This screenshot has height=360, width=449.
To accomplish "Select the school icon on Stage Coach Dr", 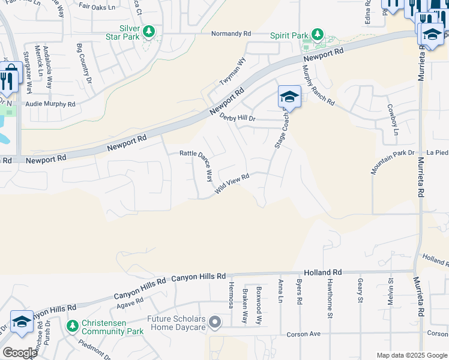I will tap(289, 97).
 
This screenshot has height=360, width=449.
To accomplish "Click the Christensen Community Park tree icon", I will tap(73, 326).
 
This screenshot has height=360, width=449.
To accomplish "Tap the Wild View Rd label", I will tap(232, 183).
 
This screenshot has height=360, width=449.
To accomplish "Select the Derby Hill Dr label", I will tap(238, 118).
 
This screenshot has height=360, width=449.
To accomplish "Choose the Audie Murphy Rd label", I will tap(50, 104).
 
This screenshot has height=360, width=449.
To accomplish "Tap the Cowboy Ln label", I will tap(391, 119).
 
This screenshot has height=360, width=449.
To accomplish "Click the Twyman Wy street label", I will tap(234, 71).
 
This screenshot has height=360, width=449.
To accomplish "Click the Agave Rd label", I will tap(131, 305).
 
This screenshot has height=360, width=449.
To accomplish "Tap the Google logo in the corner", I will tap(20, 353).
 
